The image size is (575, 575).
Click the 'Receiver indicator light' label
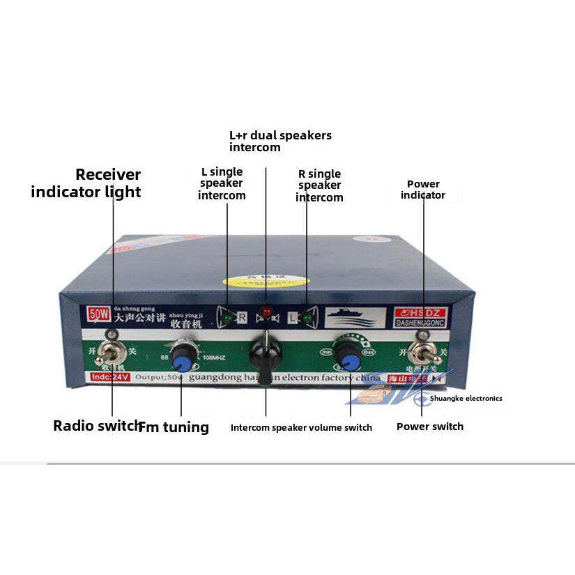[x=86, y=183]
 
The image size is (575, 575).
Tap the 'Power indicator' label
[x=422, y=190]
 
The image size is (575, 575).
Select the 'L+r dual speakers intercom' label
[x=280, y=141]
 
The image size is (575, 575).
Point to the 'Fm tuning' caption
[x=174, y=427]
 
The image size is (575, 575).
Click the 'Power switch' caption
[x=429, y=427]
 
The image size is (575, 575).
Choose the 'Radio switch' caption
[x=96, y=426]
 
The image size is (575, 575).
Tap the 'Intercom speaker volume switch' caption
[x=301, y=427]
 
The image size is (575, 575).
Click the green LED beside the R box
[x=227, y=319]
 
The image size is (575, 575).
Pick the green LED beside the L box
[x=307, y=319]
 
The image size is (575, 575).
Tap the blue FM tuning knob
[x=183, y=360]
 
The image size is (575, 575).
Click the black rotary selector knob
[x=266, y=352]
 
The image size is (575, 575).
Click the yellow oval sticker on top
[x=265, y=281]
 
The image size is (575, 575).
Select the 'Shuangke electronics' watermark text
[x=466, y=399]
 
